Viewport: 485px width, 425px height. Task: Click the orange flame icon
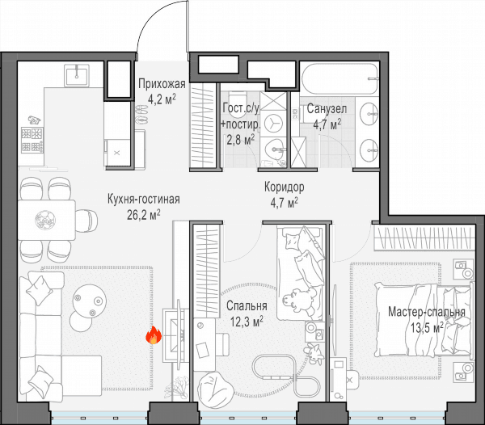point(154,335)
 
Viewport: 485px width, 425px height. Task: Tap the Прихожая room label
point(162,84)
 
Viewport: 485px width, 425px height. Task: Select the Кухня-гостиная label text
point(144,199)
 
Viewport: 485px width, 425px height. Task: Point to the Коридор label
point(285,187)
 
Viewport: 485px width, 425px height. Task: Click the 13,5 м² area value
point(427,327)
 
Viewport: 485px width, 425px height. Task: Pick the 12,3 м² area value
point(247,322)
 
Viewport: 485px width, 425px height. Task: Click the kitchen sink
point(77,75)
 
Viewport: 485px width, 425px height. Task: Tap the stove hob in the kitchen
point(32,140)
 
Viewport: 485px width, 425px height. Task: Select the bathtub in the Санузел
point(340,79)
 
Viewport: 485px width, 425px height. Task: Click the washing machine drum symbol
point(274,123)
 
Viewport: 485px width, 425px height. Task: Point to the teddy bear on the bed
point(299,300)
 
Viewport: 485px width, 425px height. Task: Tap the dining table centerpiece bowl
point(45,220)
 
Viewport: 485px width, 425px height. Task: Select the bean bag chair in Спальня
point(216,390)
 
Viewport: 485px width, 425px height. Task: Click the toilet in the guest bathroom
point(237,104)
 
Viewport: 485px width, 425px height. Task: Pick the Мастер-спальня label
point(427,312)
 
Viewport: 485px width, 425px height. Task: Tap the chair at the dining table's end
point(87,221)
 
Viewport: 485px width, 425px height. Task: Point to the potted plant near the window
point(178,388)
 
